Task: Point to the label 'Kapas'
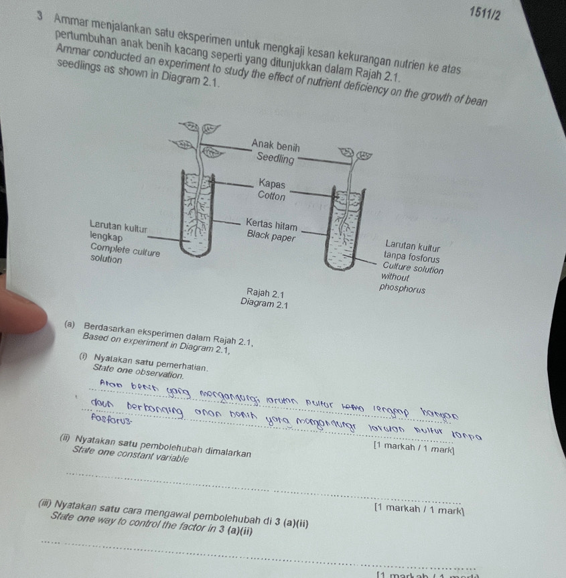point(271,184)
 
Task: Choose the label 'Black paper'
point(270,236)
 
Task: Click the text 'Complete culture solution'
point(125,254)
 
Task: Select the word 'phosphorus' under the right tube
point(402,289)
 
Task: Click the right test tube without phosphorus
point(348,228)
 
